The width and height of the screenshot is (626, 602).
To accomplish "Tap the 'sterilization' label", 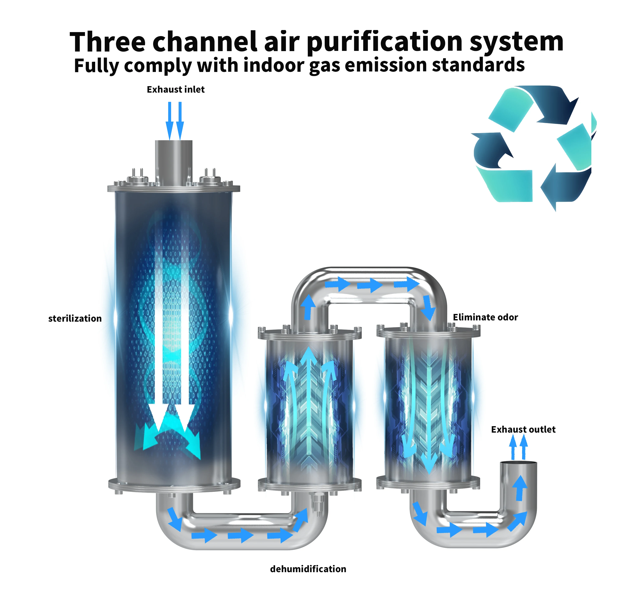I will (75, 318).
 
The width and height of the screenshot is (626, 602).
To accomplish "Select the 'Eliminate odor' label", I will (485, 317).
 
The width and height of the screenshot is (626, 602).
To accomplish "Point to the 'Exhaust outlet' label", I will (523, 429).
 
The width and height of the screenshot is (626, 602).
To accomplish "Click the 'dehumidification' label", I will (308, 569).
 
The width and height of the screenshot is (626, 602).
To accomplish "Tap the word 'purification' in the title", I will (385, 42).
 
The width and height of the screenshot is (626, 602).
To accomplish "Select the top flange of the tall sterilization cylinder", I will (174, 188).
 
